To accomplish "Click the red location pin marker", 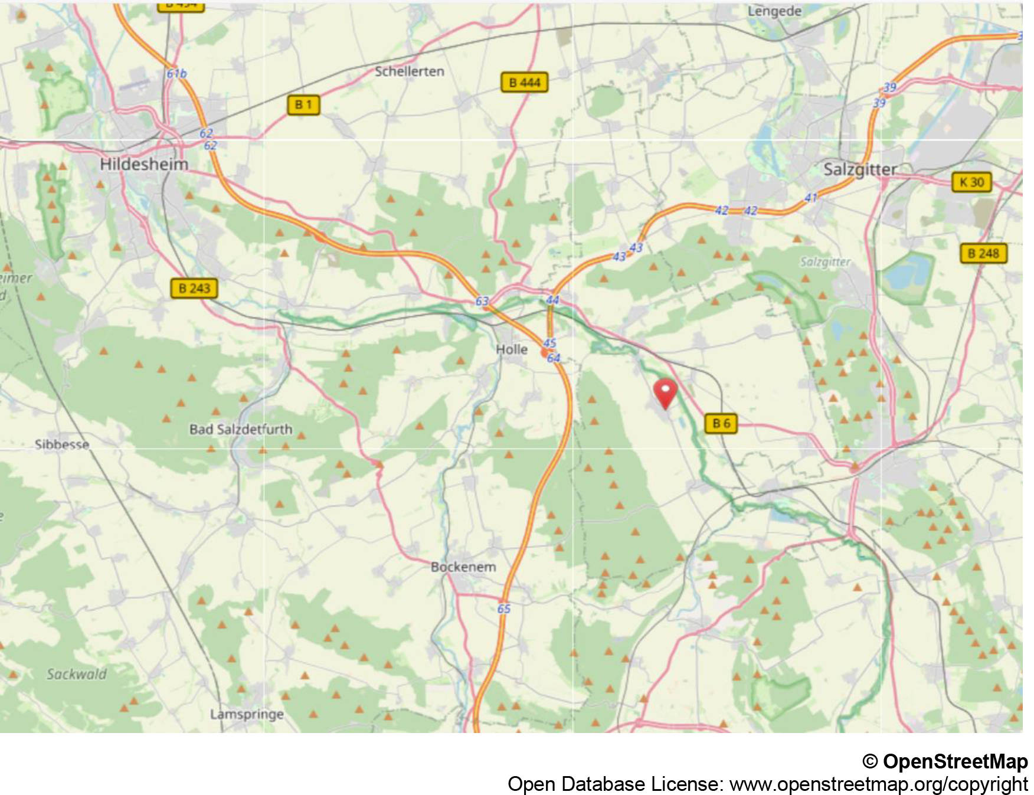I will [665, 392].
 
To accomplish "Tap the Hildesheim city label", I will [144, 164].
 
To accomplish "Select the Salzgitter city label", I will [860, 170].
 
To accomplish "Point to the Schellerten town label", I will [410, 71].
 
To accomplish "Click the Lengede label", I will [774, 11].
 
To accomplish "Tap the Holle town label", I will [512, 349].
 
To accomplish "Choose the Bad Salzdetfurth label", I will [241, 429].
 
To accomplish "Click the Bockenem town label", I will [463, 567].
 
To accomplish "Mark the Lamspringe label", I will [247, 714].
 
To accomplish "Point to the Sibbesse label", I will [62, 444].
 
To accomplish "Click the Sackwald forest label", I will [77, 674].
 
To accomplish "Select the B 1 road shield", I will [303, 105].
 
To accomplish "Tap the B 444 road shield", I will [524, 83].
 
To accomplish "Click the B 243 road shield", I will [194, 289].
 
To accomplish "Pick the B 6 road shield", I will [721, 423].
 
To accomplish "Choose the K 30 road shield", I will [971, 182].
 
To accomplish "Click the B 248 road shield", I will [983, 254].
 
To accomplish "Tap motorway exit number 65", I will [503, 608].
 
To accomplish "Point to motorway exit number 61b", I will [176, 74].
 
